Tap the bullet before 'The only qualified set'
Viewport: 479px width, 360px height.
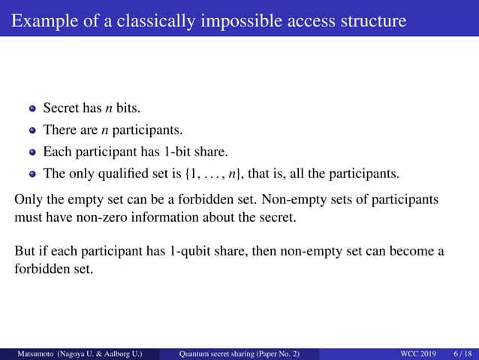click(32, 174)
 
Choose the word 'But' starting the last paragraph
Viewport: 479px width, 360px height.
click(26, 250)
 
